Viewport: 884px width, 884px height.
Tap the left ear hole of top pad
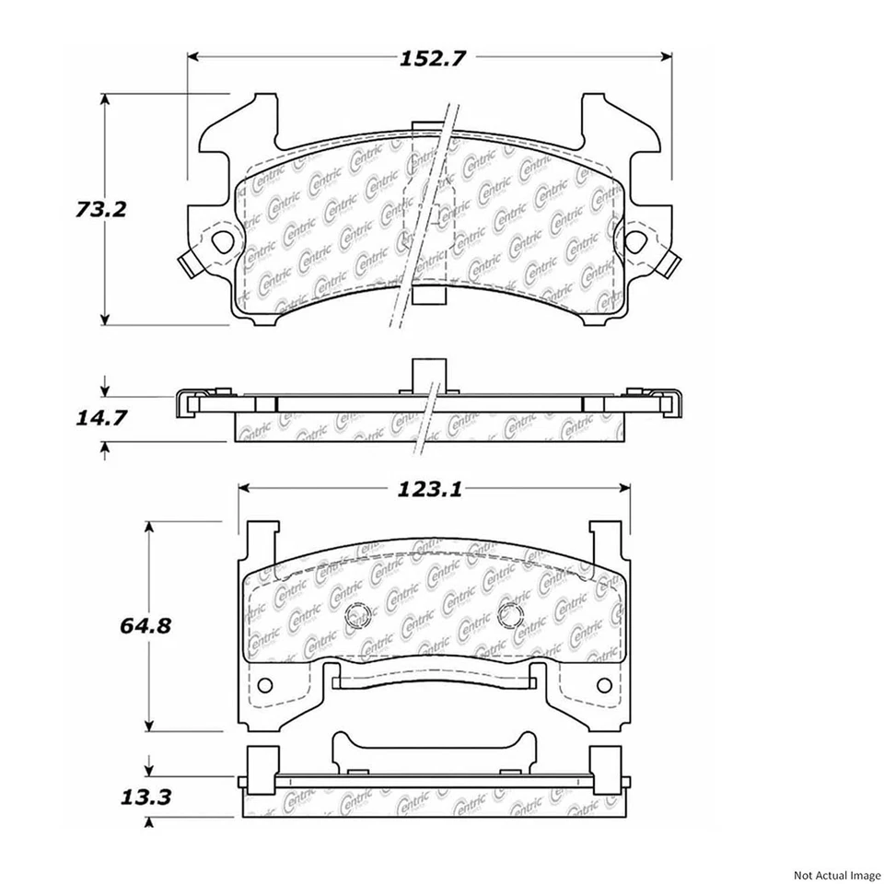(222, 243)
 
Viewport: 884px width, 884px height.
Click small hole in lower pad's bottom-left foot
(264, 685)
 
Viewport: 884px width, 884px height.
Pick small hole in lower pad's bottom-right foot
(603, 685)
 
